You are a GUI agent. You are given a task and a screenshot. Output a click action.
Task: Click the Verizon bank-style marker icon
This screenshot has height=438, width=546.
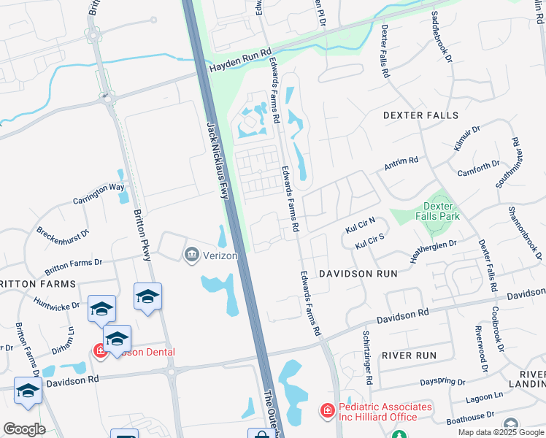[x=191, y=253]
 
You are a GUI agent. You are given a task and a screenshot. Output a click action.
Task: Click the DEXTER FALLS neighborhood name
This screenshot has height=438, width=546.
[x=420, y=115]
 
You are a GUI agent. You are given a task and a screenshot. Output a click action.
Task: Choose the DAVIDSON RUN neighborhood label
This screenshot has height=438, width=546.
[x=358, y=273]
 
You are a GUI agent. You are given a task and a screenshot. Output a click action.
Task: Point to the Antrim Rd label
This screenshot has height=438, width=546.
[x=401, y=163]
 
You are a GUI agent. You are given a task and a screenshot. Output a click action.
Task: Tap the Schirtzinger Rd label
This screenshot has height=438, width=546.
[x=367, y=357]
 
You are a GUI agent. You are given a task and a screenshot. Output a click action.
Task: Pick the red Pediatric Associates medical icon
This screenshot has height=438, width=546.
[x=326, y=412]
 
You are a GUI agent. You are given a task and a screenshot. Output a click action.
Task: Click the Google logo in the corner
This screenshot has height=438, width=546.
[x=24, y=429]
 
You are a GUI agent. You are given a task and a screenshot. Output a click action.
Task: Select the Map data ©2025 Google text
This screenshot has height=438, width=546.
[x=500, y=432]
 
